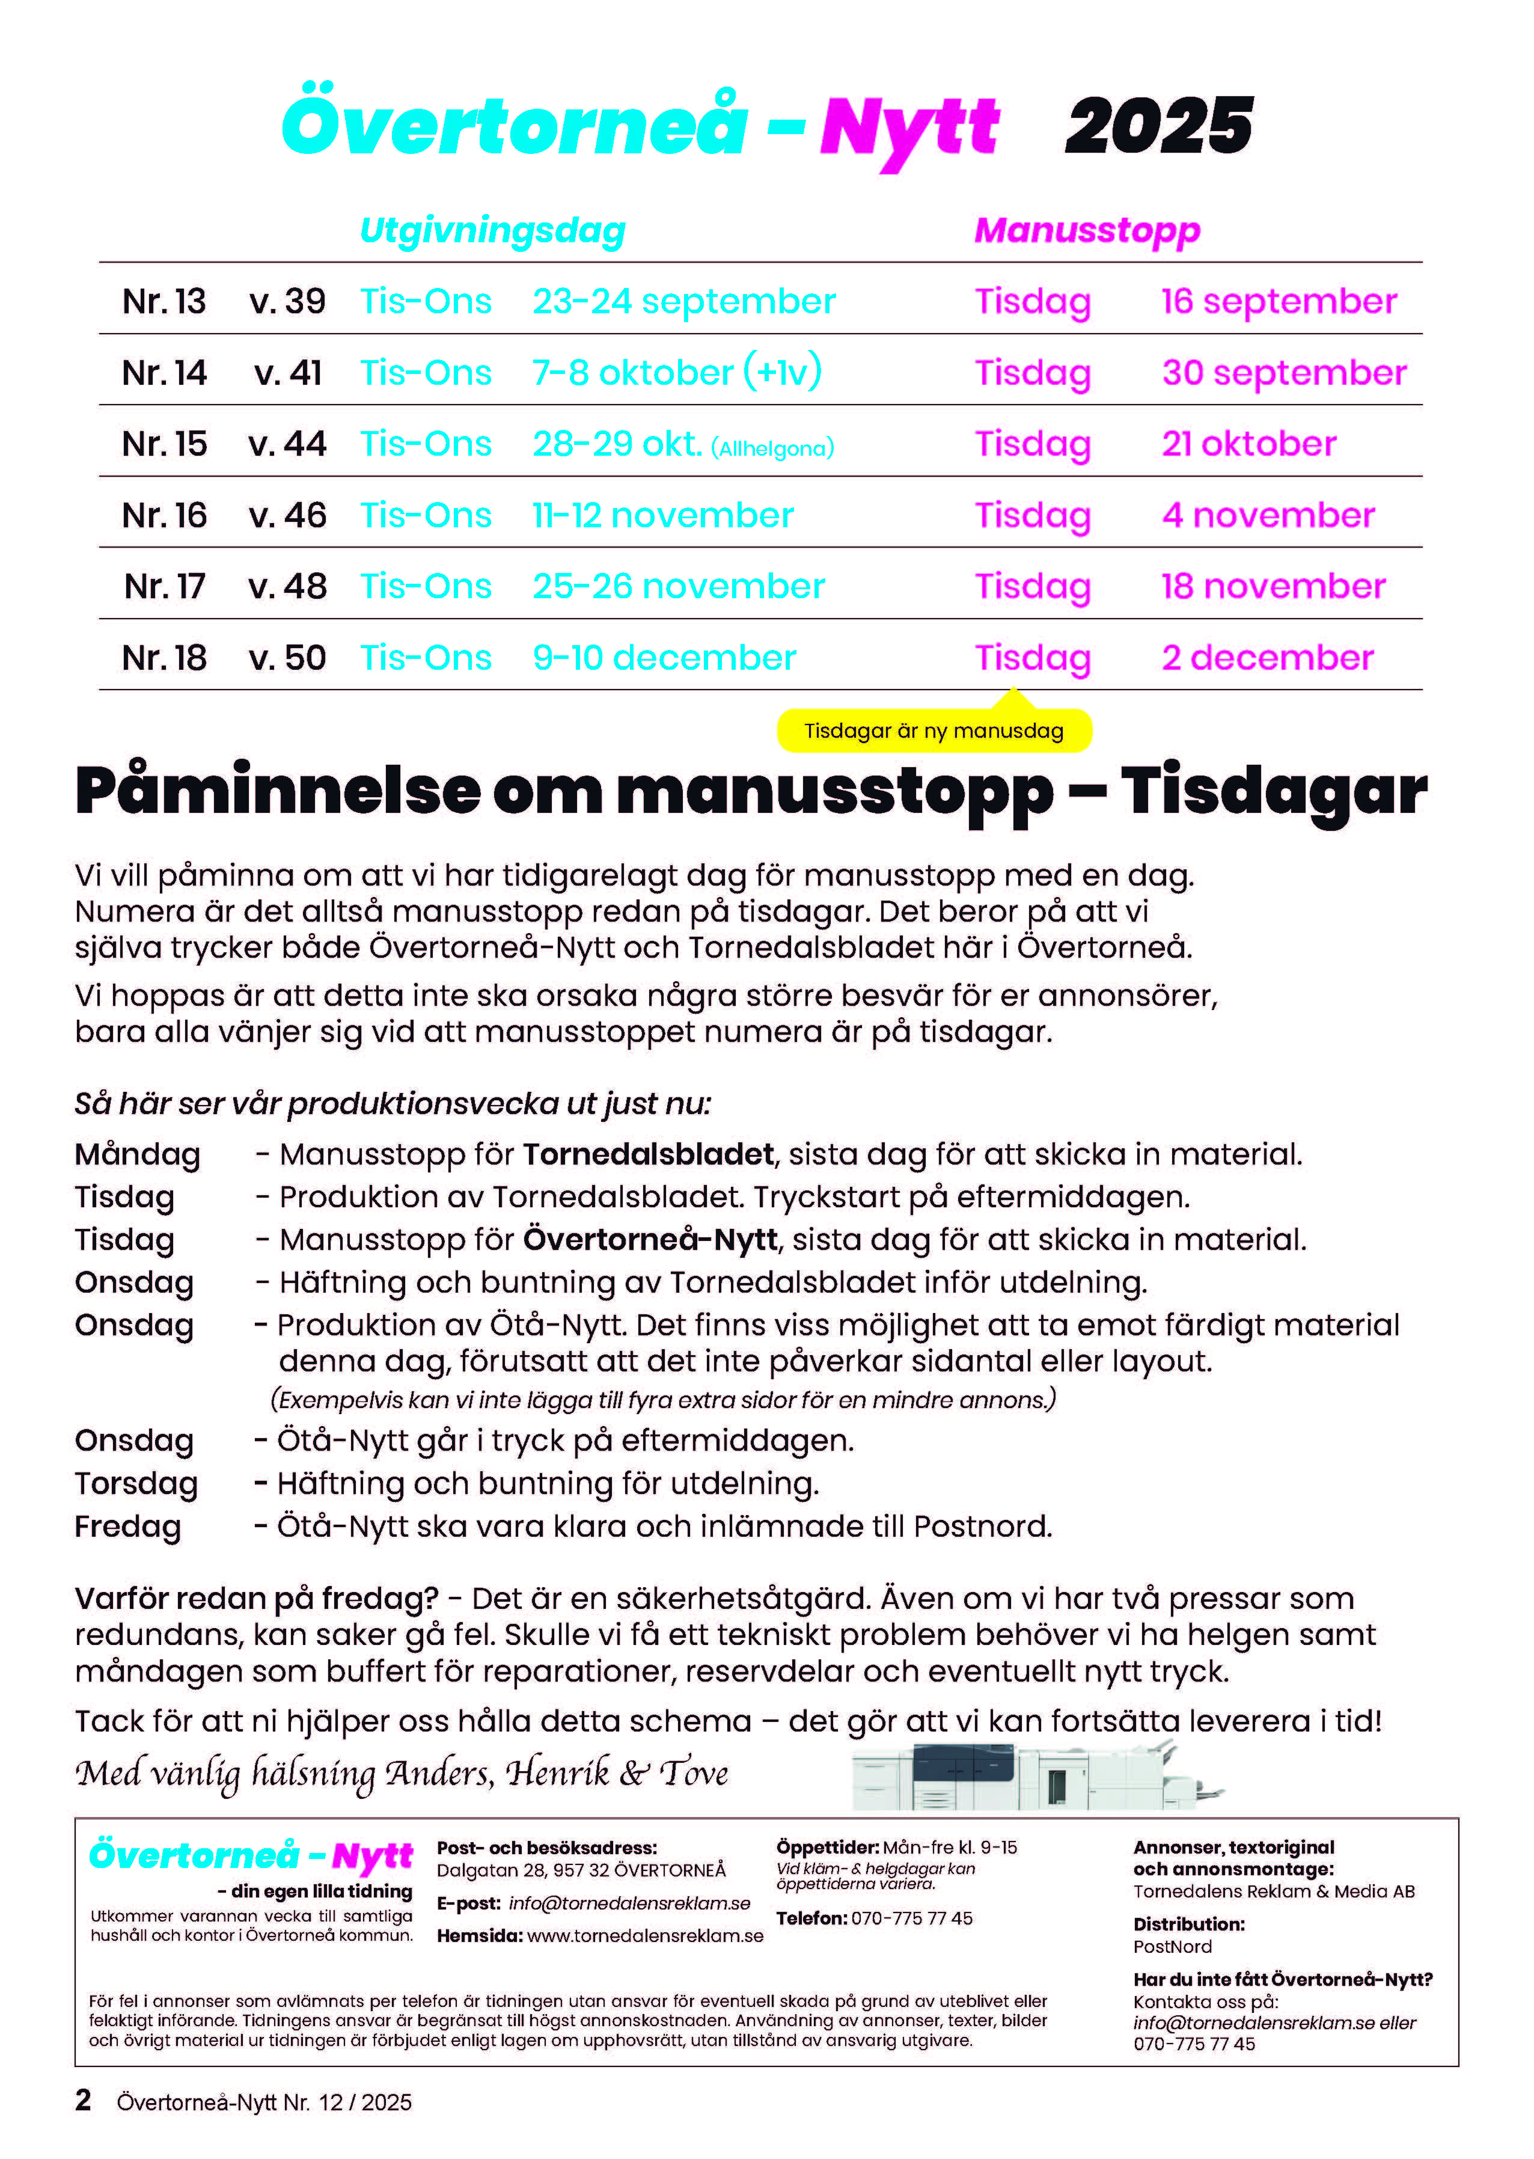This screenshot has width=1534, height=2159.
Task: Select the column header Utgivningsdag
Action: coord(492,230)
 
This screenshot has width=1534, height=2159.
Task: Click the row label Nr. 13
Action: coord(164,301)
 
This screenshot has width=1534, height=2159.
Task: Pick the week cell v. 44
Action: coord(287,444)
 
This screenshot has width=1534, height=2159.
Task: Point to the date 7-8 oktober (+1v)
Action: coord(676,372)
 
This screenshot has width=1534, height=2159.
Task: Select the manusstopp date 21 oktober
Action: coord(1248,444)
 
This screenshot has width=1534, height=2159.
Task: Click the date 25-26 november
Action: coord(678,587)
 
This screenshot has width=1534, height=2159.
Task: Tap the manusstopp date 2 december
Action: coord(1267,658)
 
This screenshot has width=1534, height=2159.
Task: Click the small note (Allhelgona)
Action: coord(772,448)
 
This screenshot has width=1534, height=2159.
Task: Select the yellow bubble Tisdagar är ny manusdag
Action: coord(934,730)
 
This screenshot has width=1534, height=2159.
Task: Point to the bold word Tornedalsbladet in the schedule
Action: coord(648,1154)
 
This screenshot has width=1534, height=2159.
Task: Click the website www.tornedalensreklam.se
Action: coord(645,1935)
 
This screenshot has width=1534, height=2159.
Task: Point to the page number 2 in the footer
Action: coord(83,2101)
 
